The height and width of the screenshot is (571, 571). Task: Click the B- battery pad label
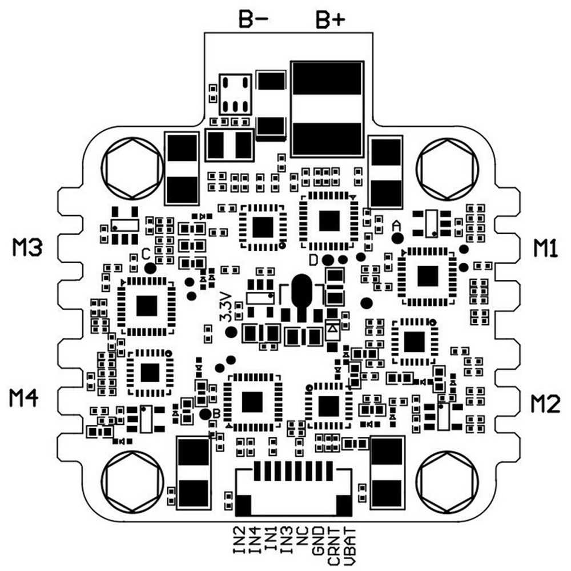pos(253,21)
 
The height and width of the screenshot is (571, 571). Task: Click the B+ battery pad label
pos(331,21)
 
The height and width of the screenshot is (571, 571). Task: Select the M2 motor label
pos(546,403)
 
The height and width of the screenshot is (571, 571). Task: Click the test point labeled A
pos(398,238)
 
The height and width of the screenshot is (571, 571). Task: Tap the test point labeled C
pos(150,267)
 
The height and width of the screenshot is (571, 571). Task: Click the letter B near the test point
pos(215,412)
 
